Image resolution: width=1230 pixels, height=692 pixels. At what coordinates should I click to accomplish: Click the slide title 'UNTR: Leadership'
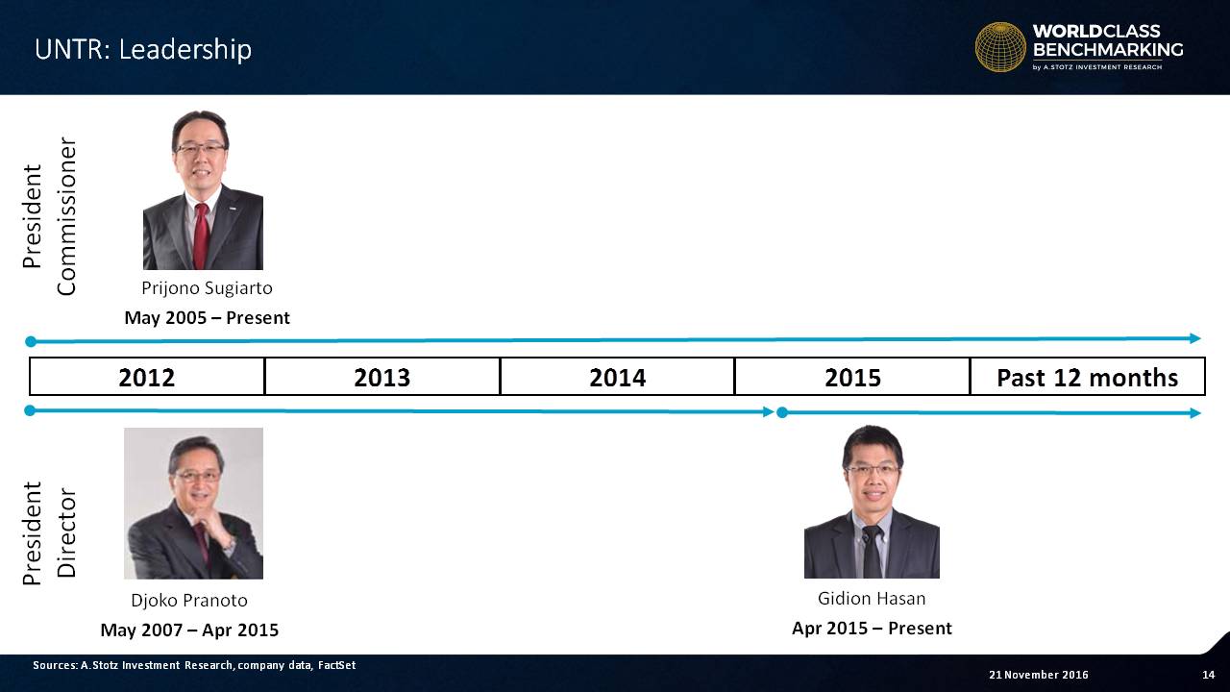point(143,49)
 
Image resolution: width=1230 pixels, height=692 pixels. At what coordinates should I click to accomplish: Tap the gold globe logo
point(1000,47)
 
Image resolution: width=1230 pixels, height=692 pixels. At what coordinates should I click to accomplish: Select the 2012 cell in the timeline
point(147,377)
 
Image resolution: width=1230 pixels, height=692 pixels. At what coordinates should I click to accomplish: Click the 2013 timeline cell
point(382,377)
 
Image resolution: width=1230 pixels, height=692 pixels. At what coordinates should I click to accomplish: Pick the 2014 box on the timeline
point(617,377)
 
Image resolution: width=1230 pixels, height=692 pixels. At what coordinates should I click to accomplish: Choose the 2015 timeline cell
point(852,377)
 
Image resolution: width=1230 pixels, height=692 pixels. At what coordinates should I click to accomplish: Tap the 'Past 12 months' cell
point(1088,377)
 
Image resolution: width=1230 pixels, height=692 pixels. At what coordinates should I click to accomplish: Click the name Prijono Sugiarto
point(207,288)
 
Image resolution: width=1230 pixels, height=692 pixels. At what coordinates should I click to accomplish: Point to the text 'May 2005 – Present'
point(207,318)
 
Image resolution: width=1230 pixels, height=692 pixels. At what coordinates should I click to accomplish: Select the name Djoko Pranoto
point(189,601)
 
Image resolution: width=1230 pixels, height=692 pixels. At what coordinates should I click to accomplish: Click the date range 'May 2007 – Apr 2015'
point(189,630)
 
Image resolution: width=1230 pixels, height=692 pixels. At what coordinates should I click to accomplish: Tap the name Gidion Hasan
point(872,598)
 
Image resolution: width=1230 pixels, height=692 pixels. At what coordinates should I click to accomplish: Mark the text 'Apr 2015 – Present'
point(872,628)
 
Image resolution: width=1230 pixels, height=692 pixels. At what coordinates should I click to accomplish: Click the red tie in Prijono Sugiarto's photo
point(201,235)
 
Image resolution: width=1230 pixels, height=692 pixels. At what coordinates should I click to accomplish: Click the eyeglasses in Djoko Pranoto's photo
point(198,476)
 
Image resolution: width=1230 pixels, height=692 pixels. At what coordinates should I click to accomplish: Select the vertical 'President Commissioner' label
point(49,216)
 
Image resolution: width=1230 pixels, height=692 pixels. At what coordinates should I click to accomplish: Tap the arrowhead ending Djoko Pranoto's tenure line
point(769,412)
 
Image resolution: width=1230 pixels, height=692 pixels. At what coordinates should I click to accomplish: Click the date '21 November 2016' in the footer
point(1039,675)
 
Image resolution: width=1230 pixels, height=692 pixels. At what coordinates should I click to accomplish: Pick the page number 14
point(1209,675)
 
